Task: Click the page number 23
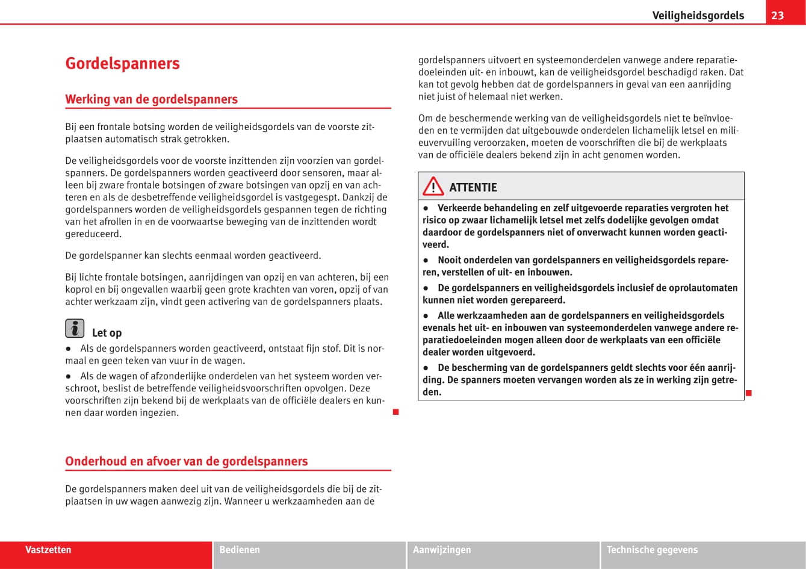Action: tap(778, 15)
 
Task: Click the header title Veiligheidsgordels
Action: tap(698, 16)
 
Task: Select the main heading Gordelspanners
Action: tap(122, 63)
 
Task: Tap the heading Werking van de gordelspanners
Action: tap(151, 99)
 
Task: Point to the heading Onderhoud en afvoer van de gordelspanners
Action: tap(186, 461)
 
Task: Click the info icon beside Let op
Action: tap(75, 328)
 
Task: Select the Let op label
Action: tap(107, 333)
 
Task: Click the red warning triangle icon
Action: tap(433, 187)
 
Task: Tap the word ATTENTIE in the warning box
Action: tap(473, 187)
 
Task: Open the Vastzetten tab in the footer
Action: tap(48, 550)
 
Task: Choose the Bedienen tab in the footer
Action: tap(240, 550)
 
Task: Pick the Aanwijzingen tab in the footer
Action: tap(442, 550)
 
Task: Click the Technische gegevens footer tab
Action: tap(652, 550)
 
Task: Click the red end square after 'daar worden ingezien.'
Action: tap(395, 412)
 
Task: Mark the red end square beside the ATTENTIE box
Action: tap(749, 393)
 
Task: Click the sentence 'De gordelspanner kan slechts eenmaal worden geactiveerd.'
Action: tap(193, 255)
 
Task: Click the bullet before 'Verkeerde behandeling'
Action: tap(426, 208)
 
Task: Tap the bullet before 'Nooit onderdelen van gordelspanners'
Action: tap(426, 260)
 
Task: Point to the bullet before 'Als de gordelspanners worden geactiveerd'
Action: tap(69, 349)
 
